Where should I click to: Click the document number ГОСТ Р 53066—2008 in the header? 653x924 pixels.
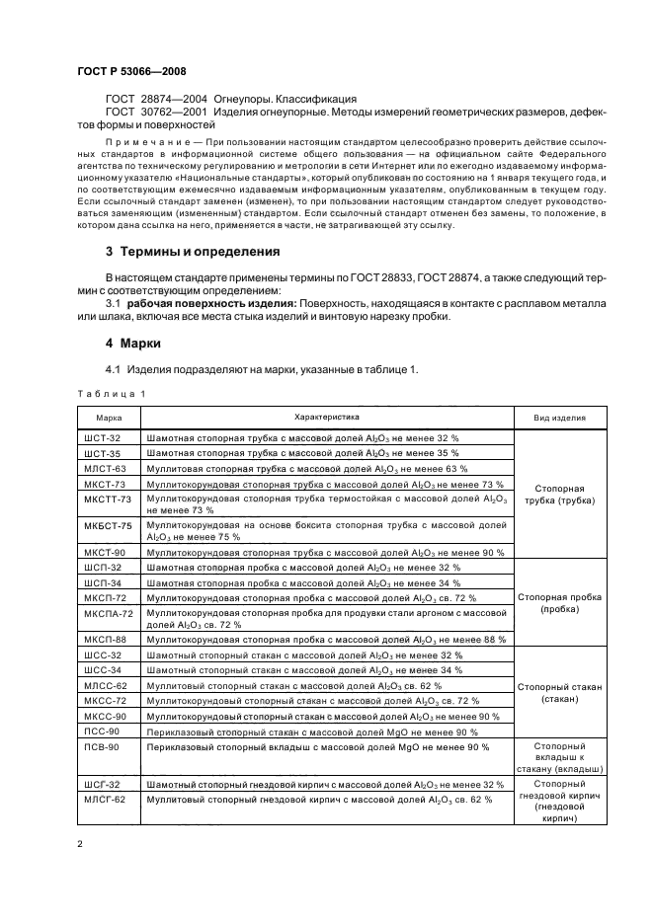pos(131,72)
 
